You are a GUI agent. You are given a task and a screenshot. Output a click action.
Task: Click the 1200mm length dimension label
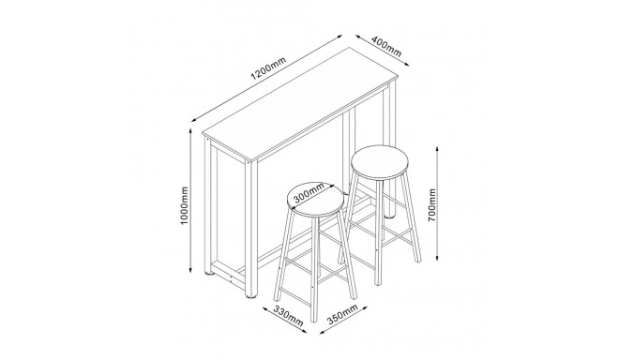tap(268, 68)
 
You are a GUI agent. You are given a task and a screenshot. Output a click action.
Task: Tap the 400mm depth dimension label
tap(386, 46)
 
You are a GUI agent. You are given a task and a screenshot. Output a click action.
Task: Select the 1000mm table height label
tap(185, 205)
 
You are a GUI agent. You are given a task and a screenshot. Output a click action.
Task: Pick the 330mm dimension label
tap(289, 316)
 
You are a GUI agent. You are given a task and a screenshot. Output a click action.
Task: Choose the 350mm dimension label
tap(342, 314)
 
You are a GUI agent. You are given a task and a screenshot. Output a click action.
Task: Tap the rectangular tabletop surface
tap(300, 104)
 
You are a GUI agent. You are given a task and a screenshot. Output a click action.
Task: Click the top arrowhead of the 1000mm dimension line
tap(191, 130)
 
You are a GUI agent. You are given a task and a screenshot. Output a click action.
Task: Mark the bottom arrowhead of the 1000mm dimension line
tap(191, 270)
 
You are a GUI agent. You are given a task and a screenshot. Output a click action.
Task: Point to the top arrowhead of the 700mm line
tap(437, 149)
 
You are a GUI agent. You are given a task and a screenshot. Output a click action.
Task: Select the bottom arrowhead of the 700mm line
tap(437, 257)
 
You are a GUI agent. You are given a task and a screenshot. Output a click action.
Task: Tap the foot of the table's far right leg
tap(390, 216)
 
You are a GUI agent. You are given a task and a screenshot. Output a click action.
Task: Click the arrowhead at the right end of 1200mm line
tap(340, 37)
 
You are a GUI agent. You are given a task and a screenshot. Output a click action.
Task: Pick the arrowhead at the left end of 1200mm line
tap(193, 120)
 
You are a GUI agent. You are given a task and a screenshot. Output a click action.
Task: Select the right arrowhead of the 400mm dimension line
tap(407, 64)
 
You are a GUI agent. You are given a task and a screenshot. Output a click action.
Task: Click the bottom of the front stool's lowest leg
tap(314, 320)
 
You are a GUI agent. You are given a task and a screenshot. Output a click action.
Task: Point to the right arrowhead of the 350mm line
tap(365, 307)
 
